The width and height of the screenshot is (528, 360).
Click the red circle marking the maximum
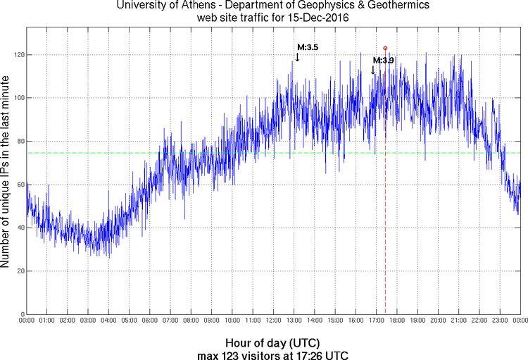385,48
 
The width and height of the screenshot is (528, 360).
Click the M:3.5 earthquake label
308,47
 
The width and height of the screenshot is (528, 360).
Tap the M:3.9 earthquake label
383,61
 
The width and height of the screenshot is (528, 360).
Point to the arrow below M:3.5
297,56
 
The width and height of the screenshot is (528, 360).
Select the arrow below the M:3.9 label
373,70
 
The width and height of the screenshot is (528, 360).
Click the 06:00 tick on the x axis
150,321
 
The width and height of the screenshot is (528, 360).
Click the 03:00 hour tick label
88,321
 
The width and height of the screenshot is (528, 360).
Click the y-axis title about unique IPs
6,173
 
